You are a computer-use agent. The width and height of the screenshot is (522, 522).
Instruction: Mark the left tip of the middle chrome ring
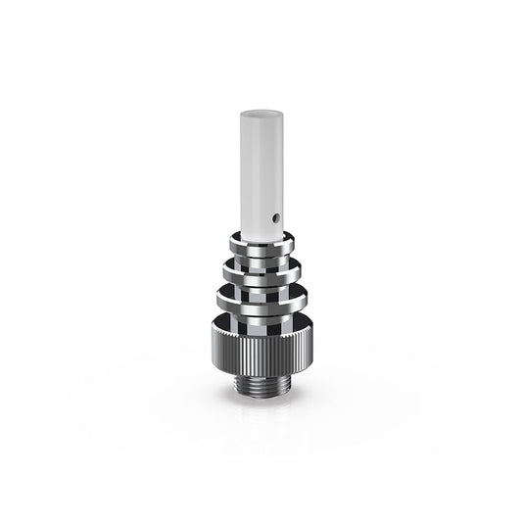point(222,265)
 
